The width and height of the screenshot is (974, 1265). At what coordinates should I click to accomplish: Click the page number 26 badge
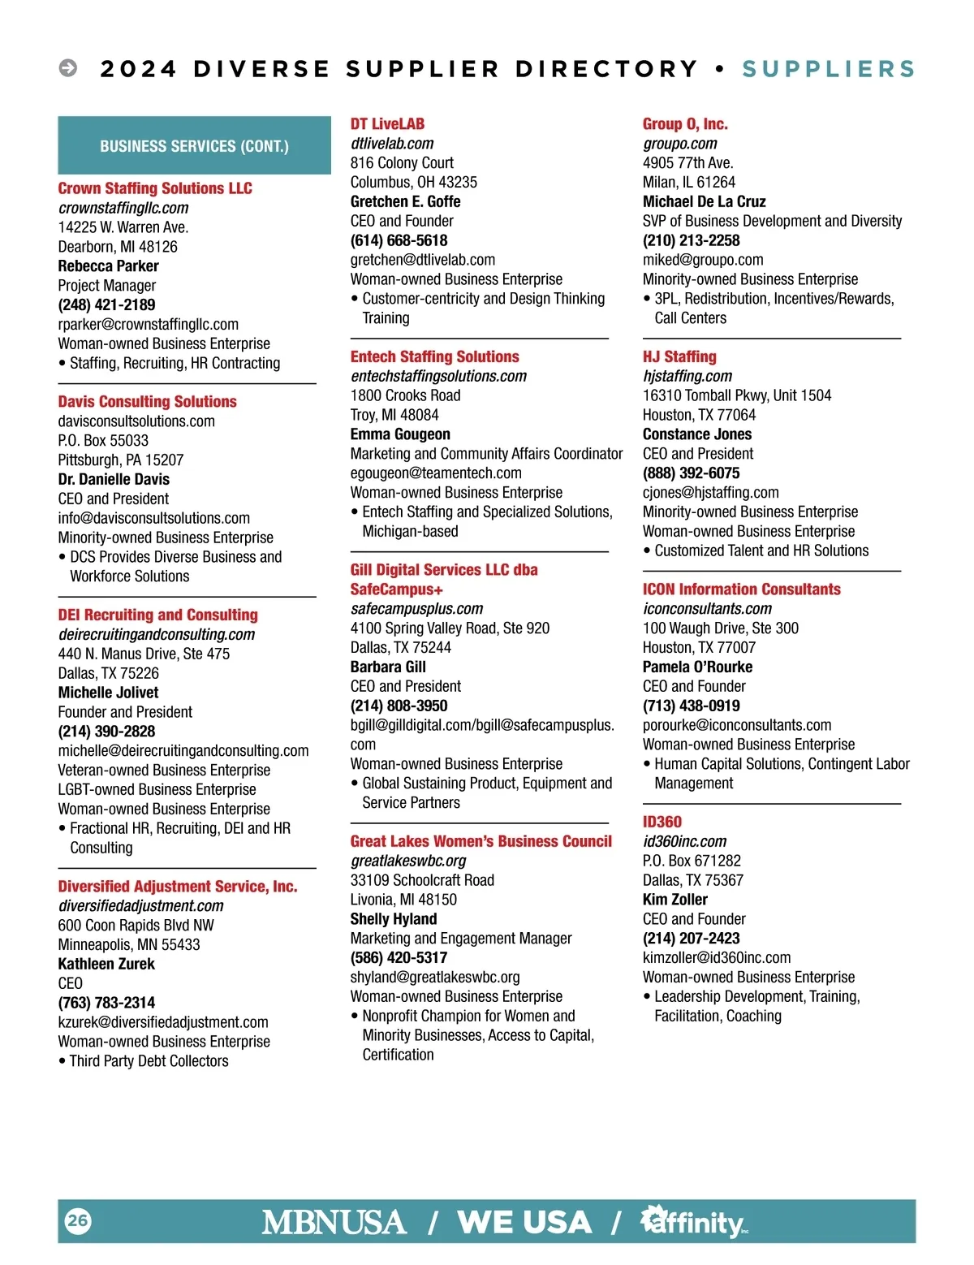tap(78, 1220)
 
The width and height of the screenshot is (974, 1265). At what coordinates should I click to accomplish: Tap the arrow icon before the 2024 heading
tap(68, 68)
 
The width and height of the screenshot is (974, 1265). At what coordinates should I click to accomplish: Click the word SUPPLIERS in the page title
tap(828, 69)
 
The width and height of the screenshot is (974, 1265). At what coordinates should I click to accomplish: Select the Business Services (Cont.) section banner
tap(194, 146)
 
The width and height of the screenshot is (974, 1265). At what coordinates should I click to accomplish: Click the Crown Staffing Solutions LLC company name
tap(155, 188)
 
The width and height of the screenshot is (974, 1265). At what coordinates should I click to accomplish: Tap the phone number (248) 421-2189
tap(106, 305)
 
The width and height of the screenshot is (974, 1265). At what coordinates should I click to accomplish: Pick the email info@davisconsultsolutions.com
tap(153, 518)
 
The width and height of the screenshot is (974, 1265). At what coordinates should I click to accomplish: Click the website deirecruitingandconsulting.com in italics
tap(156, 634)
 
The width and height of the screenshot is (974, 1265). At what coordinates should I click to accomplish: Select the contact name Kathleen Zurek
tap(106, 964)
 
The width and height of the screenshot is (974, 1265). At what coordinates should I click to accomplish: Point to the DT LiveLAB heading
tap(387, 124)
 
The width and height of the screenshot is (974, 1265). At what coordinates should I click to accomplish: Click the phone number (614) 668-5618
tap(399, 240)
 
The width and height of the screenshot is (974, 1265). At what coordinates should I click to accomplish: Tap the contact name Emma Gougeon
tap(400, 434)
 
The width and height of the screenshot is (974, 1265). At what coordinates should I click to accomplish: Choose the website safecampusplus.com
tap(416, 609)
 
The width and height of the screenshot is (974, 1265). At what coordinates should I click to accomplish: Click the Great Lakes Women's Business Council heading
tap(481, 841)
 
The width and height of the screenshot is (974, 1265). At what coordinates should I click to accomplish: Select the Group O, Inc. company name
tap(685, 124)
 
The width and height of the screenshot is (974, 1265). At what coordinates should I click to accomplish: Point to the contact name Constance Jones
tap(697, 434)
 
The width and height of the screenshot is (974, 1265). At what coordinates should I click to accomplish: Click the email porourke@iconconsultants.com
tap(737, 725)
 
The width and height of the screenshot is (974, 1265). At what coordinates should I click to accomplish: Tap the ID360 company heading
tap(662, 822)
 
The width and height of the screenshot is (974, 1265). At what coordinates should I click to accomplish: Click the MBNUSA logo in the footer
tap(334, 1222)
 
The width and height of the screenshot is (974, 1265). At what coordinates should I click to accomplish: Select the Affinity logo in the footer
tap(694, 1221)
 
